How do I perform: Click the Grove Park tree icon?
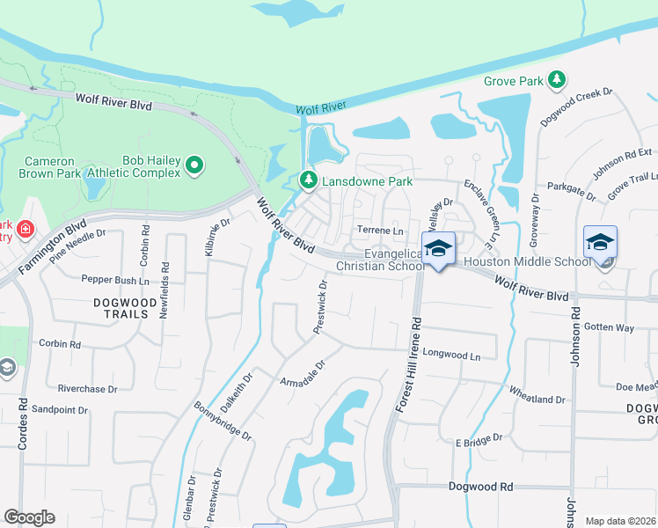click(556, 81)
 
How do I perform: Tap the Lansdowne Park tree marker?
click(308, 180)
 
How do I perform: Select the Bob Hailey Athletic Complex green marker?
click(195, 164)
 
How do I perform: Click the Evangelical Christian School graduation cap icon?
click(438, 248)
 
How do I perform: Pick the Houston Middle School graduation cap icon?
click(600, 242)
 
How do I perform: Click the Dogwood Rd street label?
click(480, 486)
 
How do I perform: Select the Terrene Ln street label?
click(379, 231)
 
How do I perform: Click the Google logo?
click(29, 517)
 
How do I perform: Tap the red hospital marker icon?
click(26, 231)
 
